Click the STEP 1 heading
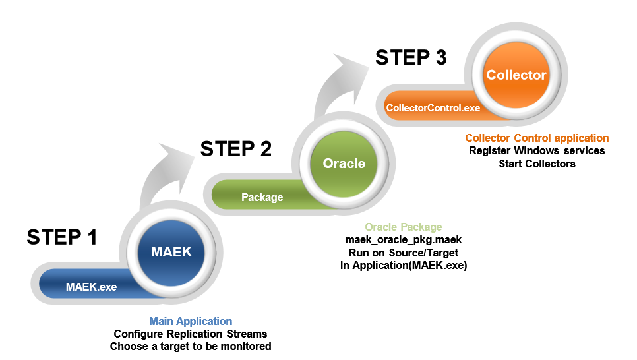click(x=62, y=237)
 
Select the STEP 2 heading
click(x=235, y=149)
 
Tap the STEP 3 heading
click(x=411, y=57)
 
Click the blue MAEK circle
click(x=171, y=252)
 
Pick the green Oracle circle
click(x=344, y=164)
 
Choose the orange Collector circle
click(x=516, y=75)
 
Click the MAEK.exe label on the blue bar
click(x=92, y=287)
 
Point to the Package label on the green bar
click(x=262, y=197)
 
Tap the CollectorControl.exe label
click(x=433, y=108)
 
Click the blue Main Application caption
click(x=191, y=321)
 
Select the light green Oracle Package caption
click(x=404, y=227)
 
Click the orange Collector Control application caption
click(x=537, y=138)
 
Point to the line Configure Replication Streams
click(x=191, y=334)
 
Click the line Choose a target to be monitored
click(x=191, y=347)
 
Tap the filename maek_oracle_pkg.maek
click(x=404, y=240)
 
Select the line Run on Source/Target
click(x=404, y=253)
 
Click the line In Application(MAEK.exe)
click(x=404, y=265)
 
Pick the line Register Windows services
click(x=537, y=151)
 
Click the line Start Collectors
click(x=537, y=164)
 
